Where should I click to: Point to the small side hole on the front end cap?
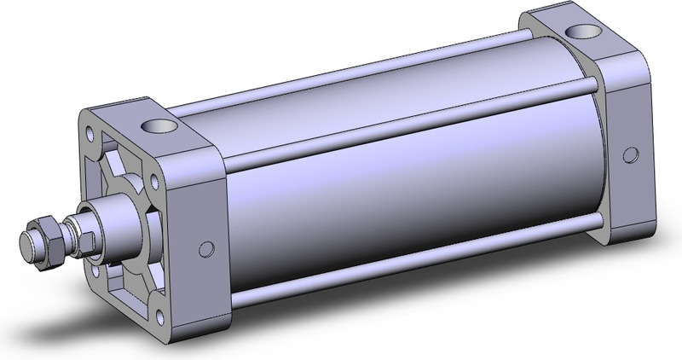point(205,249)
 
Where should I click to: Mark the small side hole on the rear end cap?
point(630,154)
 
